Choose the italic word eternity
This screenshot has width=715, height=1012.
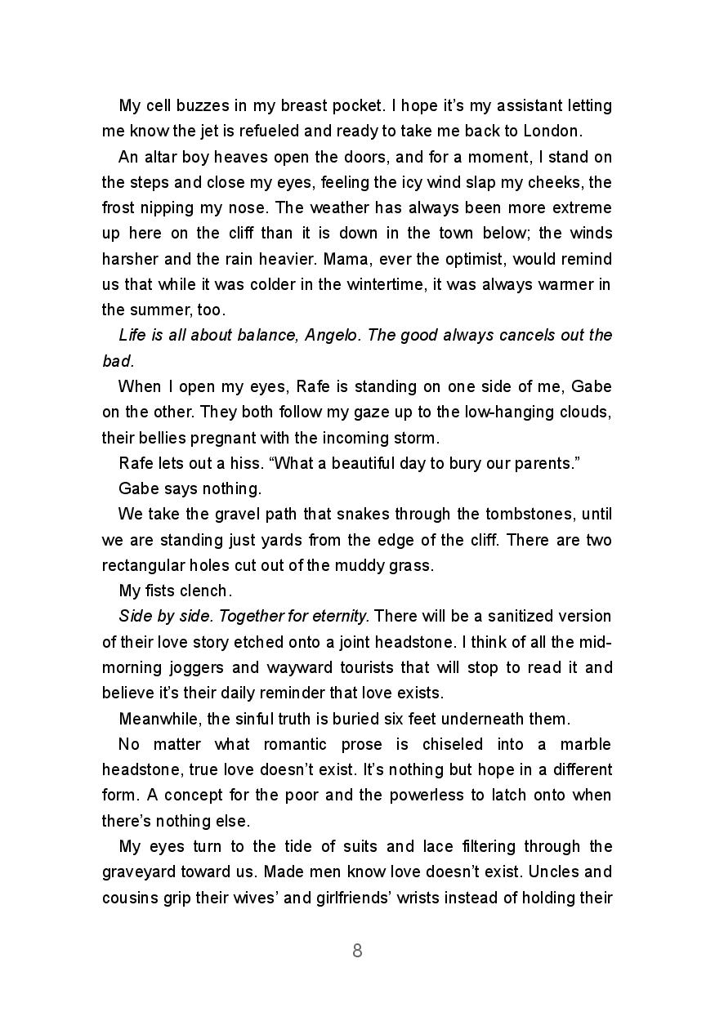[342, 616]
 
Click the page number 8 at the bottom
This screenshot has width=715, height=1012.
[357, 951]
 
